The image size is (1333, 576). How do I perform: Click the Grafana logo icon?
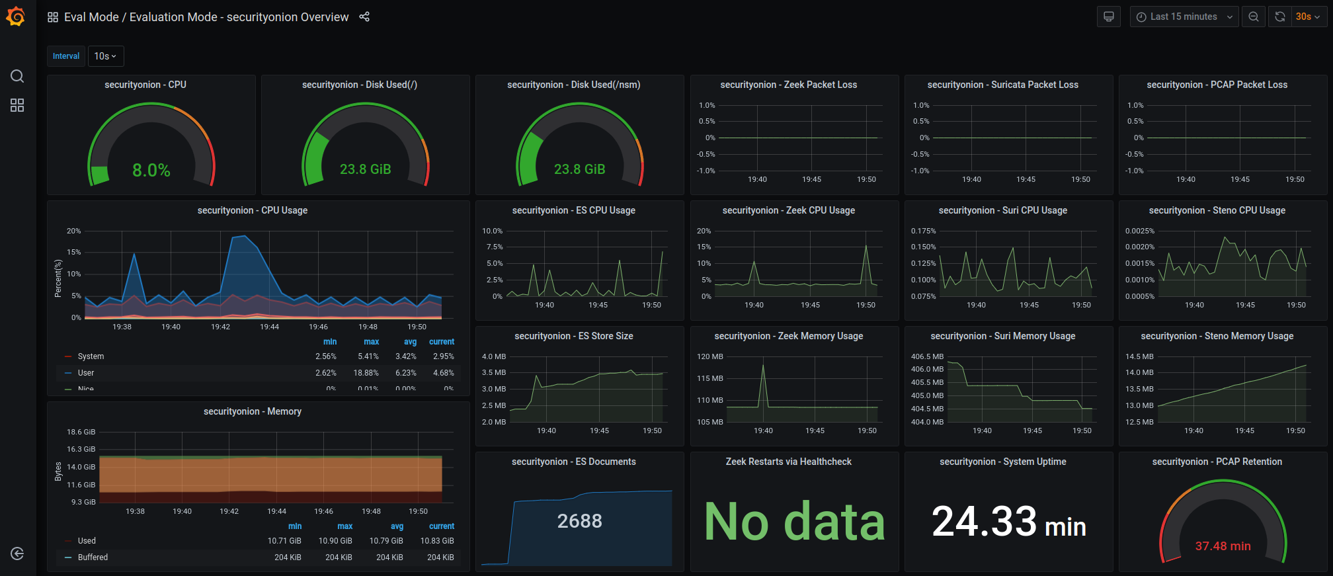point(16,17)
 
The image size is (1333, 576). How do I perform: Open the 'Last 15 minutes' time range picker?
point(1183,17)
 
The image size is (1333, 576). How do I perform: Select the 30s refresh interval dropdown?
point(1307,17)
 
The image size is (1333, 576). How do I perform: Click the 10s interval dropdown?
point(105,56)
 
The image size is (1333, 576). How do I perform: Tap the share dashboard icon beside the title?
point(364,17)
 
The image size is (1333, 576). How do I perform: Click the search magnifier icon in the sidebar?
point(17,76)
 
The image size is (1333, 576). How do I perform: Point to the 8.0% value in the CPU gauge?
point(151,171)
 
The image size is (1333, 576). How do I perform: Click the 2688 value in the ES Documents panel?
point(579,521)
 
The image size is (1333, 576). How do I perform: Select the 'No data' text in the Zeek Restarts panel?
point(794,521)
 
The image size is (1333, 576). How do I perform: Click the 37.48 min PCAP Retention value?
point(1223,546)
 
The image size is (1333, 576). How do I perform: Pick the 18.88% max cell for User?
point(366,373)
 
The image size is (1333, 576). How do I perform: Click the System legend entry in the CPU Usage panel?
point(91,356)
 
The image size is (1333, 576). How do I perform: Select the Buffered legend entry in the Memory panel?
point(93,557)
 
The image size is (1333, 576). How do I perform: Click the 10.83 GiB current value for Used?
point(437,541)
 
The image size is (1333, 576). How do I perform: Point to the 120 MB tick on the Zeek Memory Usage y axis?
point(710,356)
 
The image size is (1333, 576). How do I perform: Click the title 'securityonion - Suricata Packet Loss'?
point(1002,85)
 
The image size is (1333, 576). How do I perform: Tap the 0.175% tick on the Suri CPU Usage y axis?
point(923,231)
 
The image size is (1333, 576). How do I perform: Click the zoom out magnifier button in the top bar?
point(1254,17)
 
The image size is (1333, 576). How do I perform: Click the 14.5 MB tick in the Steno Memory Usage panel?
point(1139,356)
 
